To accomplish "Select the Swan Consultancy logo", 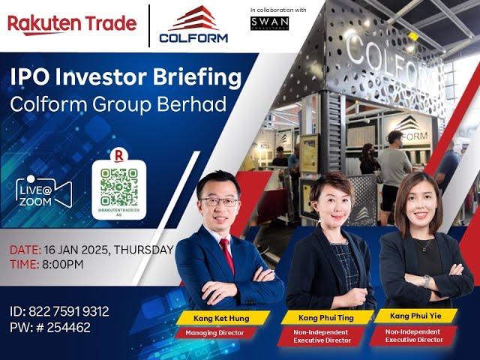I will coord(270,23).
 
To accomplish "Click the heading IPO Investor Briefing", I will coord(125,78).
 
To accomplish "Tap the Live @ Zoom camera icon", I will coord(46,190).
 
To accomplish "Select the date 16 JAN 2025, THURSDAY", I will coord(91,250).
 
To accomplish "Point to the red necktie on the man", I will coord(227,254).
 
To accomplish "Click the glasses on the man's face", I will coord(220,202).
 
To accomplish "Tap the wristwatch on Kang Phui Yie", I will coord(427,281).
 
